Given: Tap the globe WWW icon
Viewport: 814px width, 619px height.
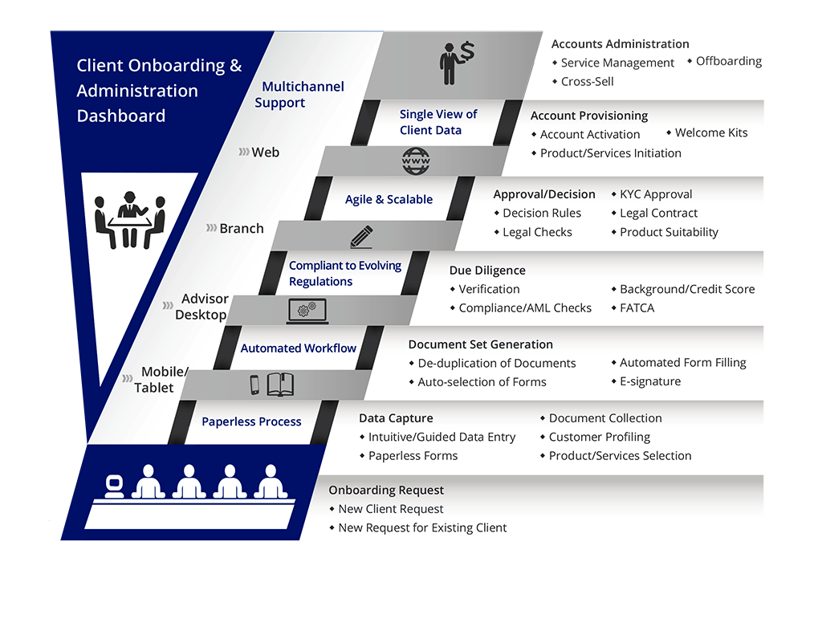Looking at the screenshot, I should click(415, 162).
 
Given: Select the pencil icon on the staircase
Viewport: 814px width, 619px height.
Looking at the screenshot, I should click(361, 236).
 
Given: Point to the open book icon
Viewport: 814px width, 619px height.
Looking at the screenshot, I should click(280, 385).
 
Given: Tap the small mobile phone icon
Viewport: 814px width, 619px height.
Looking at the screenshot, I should click(254, 385).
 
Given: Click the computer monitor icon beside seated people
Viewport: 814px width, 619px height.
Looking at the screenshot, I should click(114, 486).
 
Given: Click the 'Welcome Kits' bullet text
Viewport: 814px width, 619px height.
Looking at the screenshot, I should click(710, 133).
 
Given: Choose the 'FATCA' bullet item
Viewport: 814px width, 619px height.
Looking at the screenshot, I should click(637, 307).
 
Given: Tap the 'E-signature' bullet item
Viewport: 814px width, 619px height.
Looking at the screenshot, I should click(649, 381).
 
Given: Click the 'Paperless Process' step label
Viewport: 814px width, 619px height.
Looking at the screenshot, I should click(251, 421).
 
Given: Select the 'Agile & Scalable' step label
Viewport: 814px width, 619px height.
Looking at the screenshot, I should click(389, 199).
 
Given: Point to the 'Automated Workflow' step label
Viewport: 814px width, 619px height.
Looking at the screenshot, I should click(298, 348).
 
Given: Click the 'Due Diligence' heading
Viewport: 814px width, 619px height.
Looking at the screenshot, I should click(487, 271).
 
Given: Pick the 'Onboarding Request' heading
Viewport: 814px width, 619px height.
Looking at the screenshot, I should click(386, 490).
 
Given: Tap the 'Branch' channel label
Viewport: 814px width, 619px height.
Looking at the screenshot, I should click(241, 228).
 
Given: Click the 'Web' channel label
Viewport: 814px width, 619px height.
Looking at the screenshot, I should click(265, 152).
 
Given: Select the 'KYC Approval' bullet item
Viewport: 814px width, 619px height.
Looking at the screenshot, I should click(656, 194).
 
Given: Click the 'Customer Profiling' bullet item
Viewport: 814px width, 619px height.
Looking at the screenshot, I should click(599, 437).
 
